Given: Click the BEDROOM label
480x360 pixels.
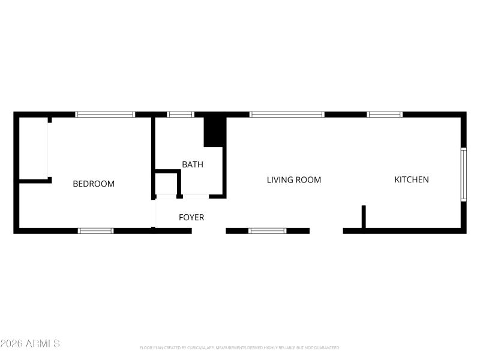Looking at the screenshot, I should pos(94,184).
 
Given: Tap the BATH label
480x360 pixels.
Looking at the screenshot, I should pos(193,164).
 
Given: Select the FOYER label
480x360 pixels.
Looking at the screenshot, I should pos(191,217).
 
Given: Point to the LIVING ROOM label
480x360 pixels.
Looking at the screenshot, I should pos(294,179).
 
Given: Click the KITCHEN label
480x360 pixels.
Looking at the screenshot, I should pos(412,179).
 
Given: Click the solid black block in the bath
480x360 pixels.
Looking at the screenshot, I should pos(214,131).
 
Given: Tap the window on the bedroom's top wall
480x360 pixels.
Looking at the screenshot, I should pos(105,114).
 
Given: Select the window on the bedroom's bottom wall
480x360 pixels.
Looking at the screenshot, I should pos(96,230).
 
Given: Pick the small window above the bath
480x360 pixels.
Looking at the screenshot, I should pos(181,114).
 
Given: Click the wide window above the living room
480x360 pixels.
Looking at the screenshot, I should pos(287,114).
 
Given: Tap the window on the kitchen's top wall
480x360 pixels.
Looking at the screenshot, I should pos(385,114).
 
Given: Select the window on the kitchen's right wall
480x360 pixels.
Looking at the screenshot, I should pos(463,174).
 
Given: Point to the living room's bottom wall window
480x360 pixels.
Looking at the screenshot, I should pos(268,230).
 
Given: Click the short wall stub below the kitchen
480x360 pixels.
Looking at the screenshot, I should pos(364,217).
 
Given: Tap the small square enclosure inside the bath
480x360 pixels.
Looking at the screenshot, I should pos(167,184).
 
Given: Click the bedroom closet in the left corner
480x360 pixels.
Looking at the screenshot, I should pos(34,148).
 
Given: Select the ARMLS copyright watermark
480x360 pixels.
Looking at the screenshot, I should pos(30,344).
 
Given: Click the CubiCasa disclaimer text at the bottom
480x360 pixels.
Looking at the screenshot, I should pos(240,347).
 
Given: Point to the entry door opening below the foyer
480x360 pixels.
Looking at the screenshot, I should pos(209,230).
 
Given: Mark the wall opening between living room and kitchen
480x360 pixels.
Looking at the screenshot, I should pos(326,230).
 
